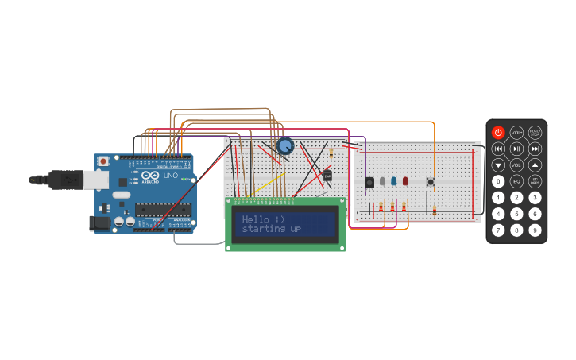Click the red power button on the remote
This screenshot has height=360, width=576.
pos(498,132)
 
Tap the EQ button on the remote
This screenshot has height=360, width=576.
pos(516,181)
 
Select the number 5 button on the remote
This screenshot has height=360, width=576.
pos(516,214)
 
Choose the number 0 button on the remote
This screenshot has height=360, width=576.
pos(498,181)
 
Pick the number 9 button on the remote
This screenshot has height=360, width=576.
pos(535,230)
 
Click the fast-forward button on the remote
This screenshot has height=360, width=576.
pos(535,149)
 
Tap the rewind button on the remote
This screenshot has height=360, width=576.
pos(498,149)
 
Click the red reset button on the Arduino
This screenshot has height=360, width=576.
pos(102,161)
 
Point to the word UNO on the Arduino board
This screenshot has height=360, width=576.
pos(170,176)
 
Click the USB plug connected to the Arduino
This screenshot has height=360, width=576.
pos(67,180)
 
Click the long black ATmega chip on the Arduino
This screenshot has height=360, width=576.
pos(162,210)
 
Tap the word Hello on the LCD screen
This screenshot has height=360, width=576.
pos(255,219)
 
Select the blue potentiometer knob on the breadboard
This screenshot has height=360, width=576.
pos(285,145)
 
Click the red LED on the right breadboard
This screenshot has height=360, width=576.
pos(405,181)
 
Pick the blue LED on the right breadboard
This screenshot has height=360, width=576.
pos(393,181)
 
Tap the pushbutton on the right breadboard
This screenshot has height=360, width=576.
pos(431,182)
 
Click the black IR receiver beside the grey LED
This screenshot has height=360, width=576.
pos(369,183)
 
